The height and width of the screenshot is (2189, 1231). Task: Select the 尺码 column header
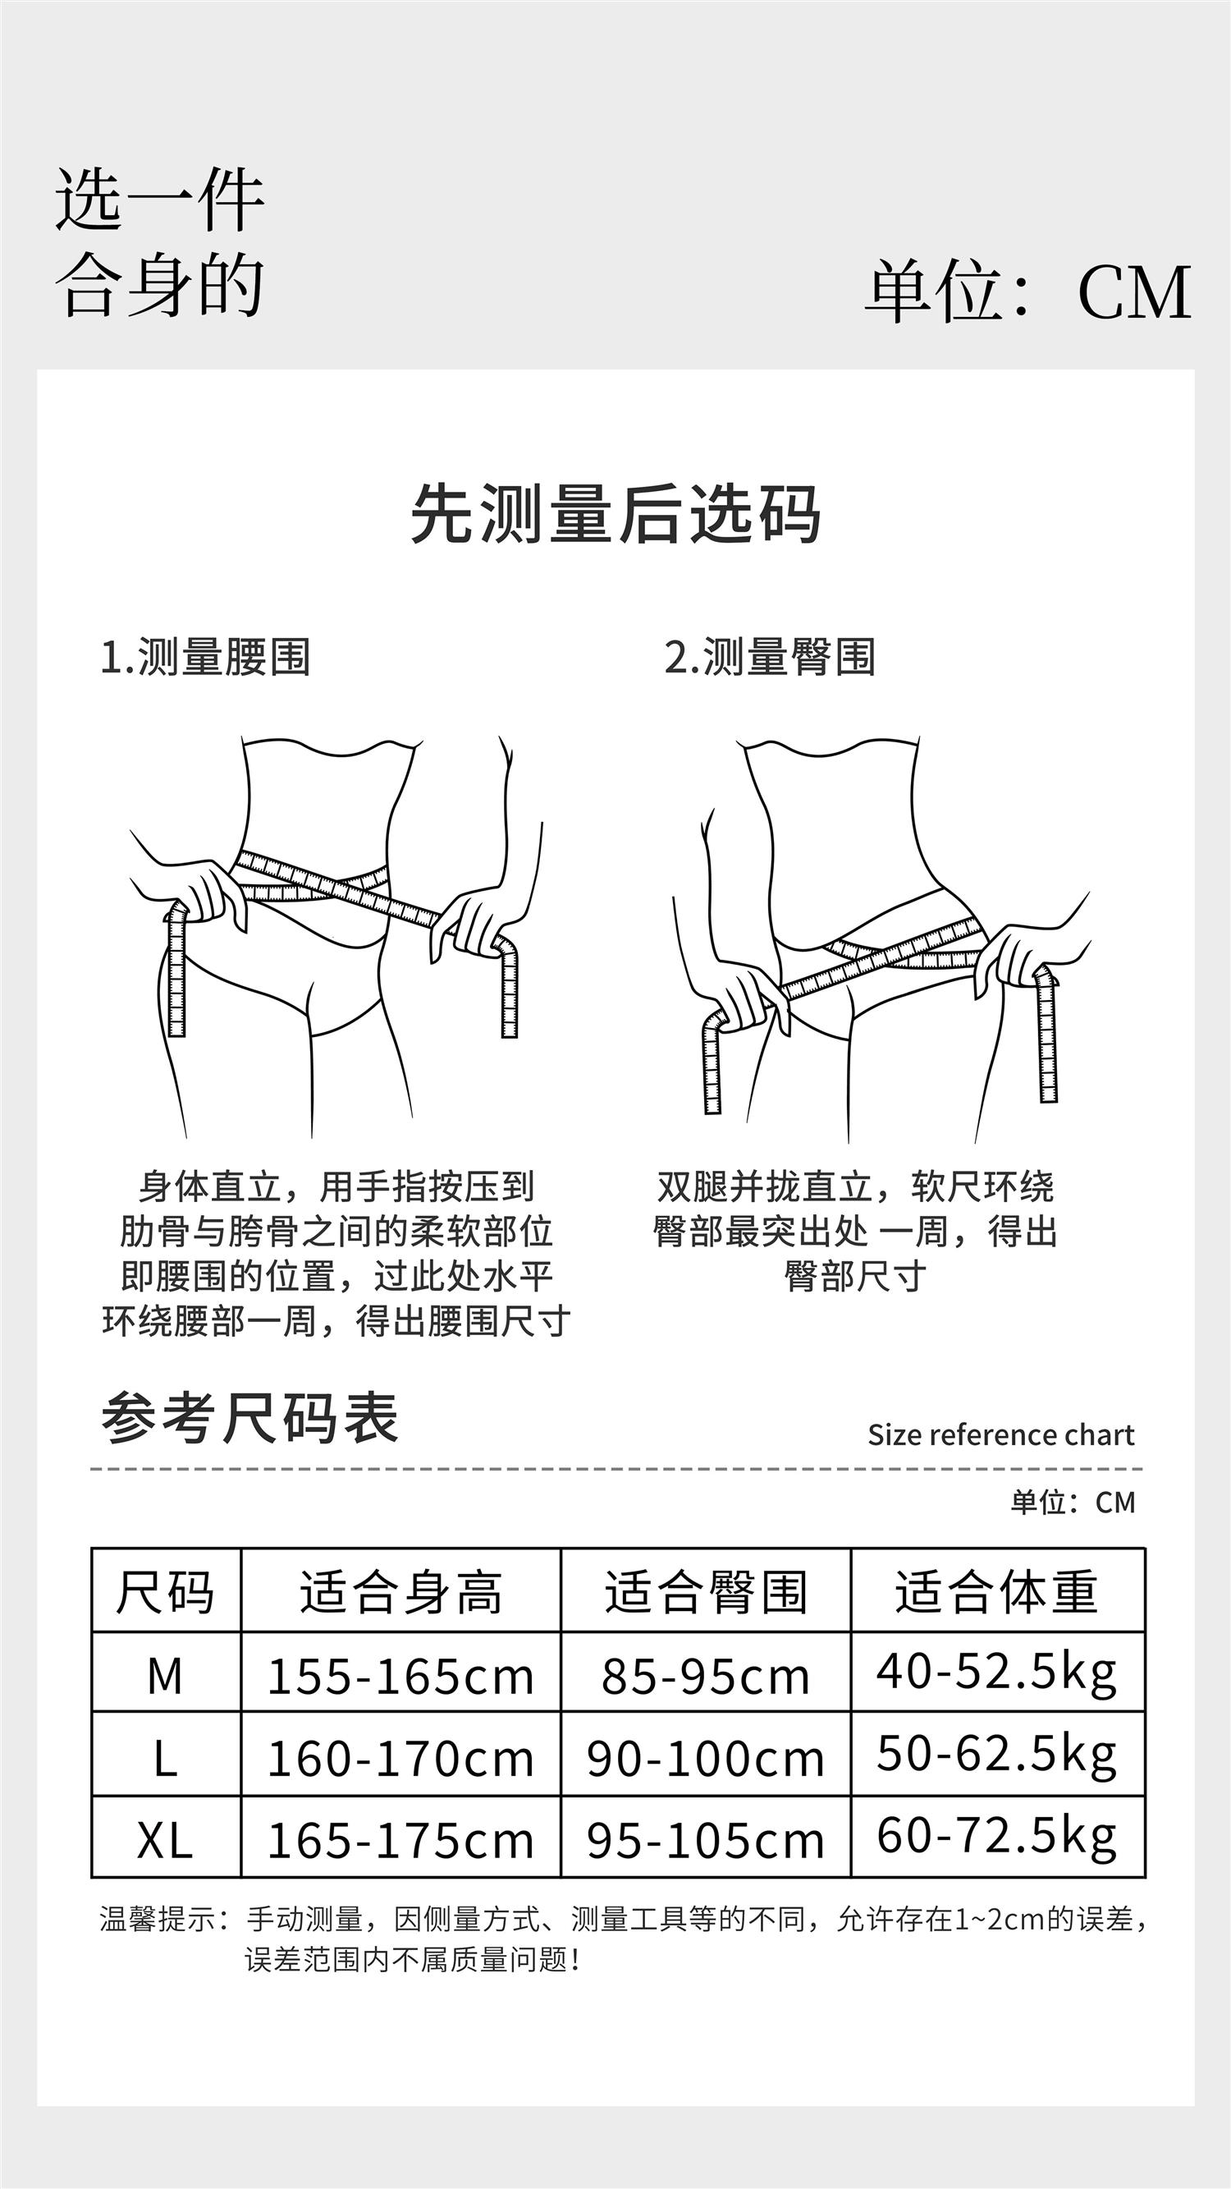point(166,1590)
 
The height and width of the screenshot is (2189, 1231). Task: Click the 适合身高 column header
point(401,1590)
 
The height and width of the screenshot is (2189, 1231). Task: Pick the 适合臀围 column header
point(706,1590)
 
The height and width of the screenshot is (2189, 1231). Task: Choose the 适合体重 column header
point(996,1590)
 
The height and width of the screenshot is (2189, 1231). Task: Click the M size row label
point(165,1677)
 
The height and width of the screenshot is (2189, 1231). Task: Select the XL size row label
point(165,1842)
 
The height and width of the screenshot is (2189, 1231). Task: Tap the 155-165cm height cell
point(400,1677)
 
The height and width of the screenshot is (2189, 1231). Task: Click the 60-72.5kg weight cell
point(996,1838)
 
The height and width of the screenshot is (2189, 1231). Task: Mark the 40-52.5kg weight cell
point(996,1673)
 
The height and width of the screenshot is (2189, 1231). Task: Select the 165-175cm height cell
point(400,1842)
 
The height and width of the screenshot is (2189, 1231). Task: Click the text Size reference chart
point(1000,1435)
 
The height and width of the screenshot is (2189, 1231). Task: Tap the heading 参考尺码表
point(249,1418)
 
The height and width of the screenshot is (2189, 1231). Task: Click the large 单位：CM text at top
point(1028,291)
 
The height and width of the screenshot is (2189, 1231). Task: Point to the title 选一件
point(160,200)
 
